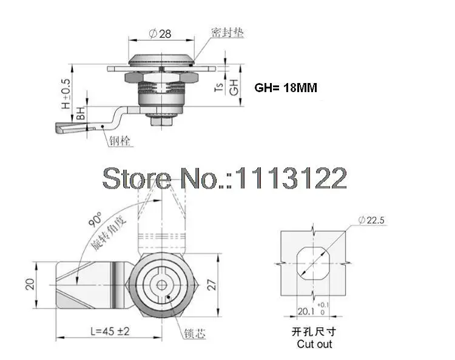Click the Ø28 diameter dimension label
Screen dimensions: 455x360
160,33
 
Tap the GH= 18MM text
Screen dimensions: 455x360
286,88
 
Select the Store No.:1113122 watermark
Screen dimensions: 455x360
224,178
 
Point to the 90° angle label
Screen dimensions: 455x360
95,219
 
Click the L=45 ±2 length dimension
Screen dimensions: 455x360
110,331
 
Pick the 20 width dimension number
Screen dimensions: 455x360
30,284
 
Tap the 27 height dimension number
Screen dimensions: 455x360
212,285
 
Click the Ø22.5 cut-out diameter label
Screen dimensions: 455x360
371,220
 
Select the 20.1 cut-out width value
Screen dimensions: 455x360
306,312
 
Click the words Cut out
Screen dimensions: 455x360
314,344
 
